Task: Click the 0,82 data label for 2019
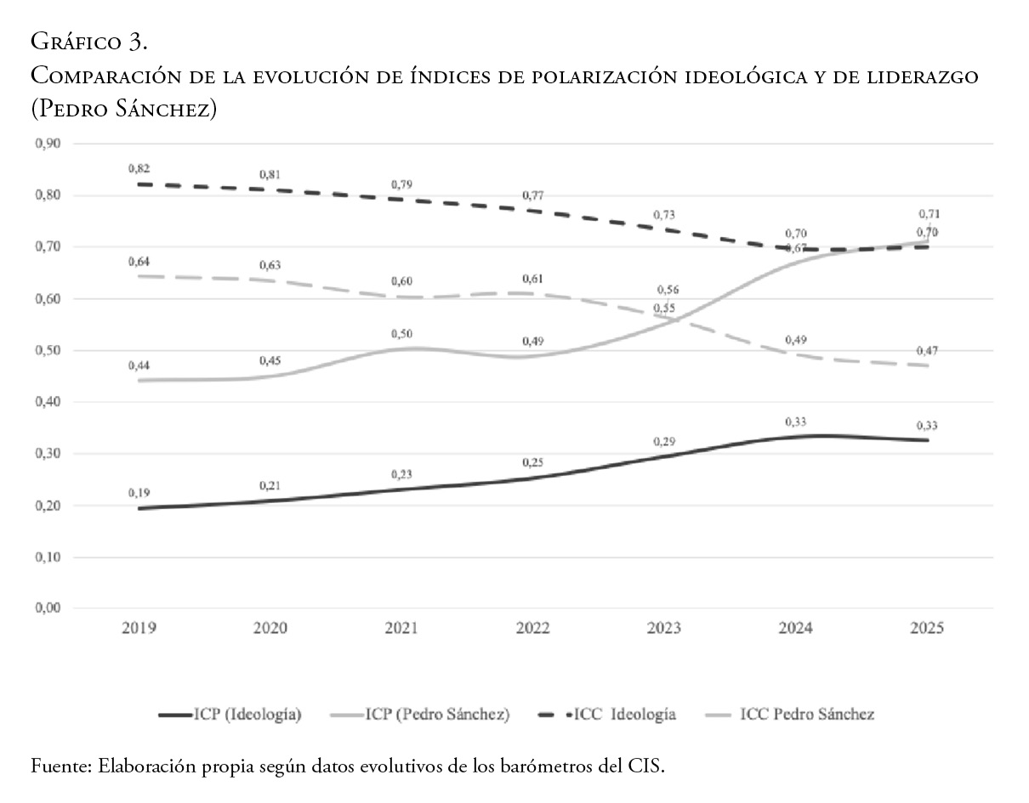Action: [138, 168]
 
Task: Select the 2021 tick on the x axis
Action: [401, 629]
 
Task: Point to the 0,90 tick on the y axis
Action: [48, 144]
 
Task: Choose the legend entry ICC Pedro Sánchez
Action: [807, 715]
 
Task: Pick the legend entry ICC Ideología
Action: [624, 715]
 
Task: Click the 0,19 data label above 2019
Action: [138, 493]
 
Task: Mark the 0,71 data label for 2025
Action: [927, 214]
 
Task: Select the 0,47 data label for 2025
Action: [927, 351]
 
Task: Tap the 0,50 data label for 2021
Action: [401, 334]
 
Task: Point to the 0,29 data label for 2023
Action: [664, 442]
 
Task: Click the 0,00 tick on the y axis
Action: [48, 608]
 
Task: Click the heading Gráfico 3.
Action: [89, 41]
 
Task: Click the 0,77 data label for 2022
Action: [532, 195]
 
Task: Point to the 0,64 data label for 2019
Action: [138, 261]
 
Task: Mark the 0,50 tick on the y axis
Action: [48, 351]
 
